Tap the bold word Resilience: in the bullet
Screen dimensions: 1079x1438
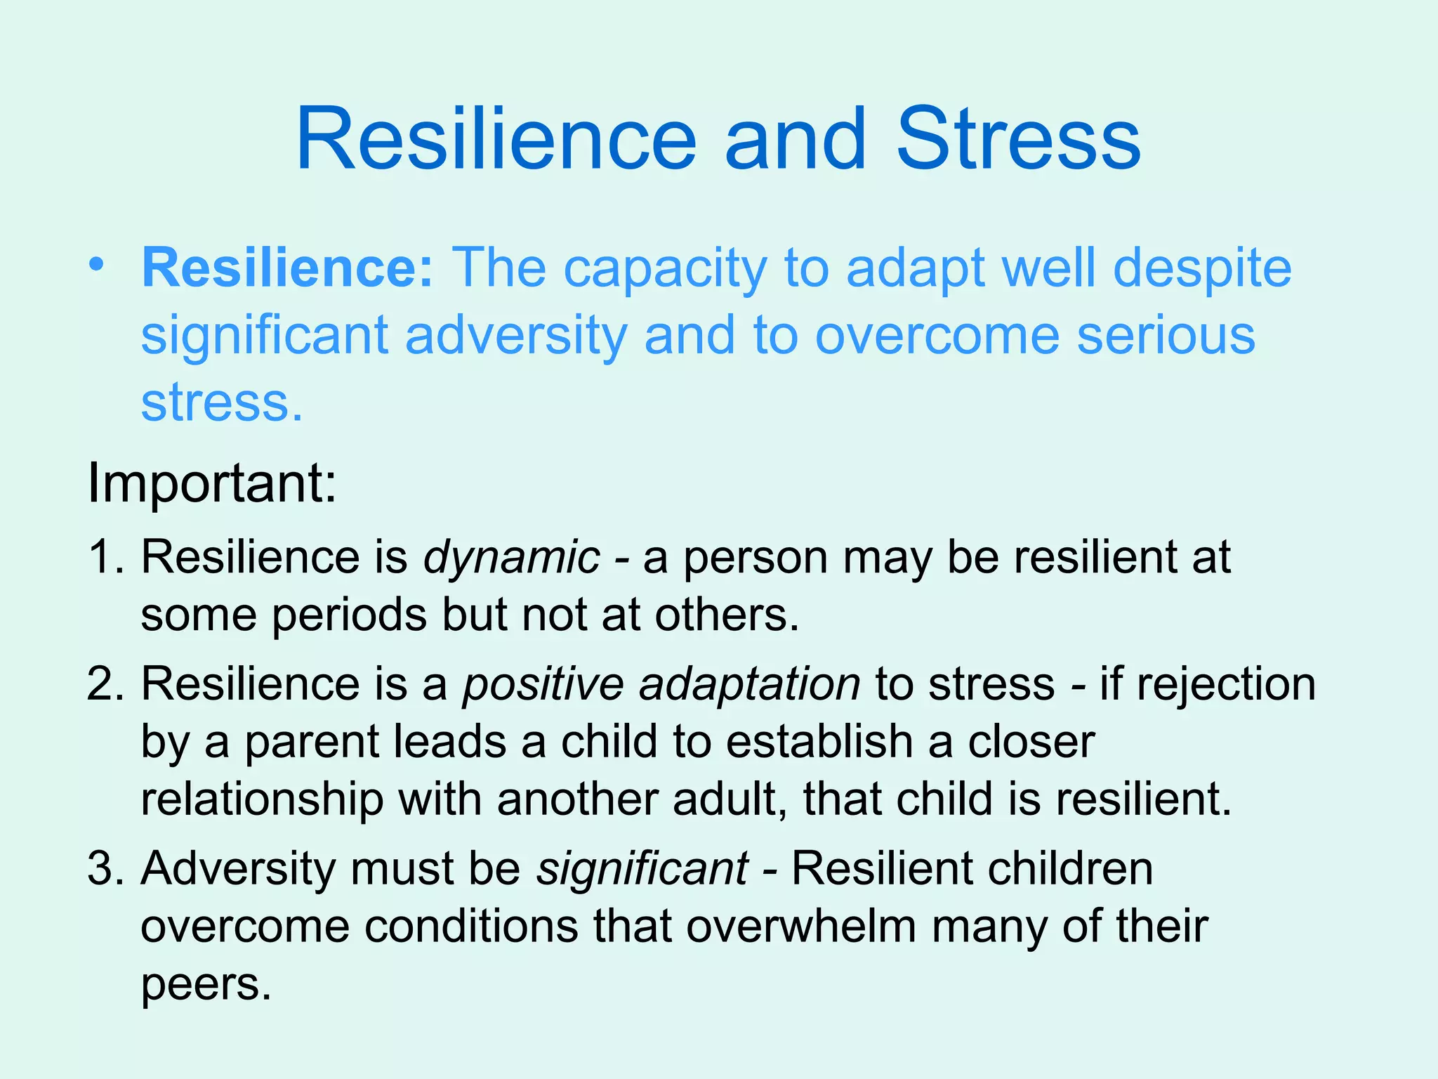(x=289, y=268)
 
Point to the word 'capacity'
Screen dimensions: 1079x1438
(x=664, y=270)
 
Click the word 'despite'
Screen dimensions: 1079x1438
(x=1202, y=270)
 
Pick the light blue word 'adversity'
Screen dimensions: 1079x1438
(x=516, y=336)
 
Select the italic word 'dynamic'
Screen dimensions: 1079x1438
(x=512, y=558)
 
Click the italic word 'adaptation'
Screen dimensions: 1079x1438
(x=749, y=685)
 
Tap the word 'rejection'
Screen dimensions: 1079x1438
(x=1226, y=685)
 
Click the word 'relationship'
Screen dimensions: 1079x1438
(x=262, y=800)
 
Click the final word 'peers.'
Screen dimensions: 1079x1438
(x=206, y=986)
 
